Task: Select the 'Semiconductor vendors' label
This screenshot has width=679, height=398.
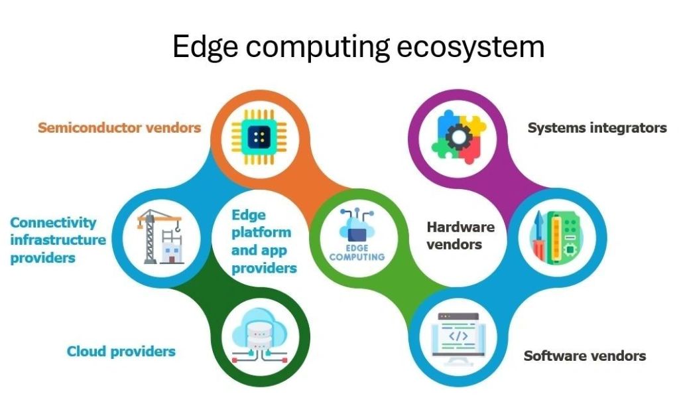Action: click(119, 127)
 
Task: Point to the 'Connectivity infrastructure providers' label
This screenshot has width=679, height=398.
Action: click(58, 239)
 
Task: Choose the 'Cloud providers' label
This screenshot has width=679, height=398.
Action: click(121, 351)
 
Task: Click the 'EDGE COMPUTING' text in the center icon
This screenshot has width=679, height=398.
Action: click(357, 251)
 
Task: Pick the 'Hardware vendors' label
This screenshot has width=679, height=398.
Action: click(460, 235)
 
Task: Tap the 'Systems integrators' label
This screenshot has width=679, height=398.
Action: click(597, 128)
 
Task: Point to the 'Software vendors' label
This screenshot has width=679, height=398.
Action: click(584, 356)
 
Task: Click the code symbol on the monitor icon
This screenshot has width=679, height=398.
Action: click(459, 336)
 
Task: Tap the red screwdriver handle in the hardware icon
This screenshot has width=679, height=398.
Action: click(542, 248)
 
